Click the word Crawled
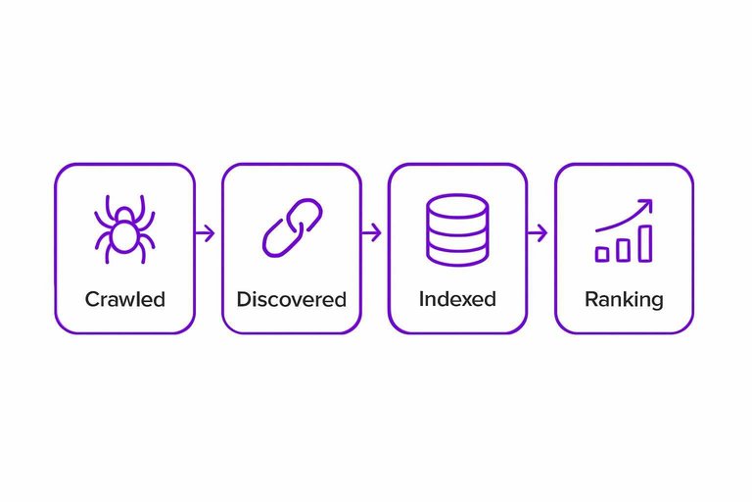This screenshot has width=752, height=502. (125, 299)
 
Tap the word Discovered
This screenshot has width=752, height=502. (292, 299)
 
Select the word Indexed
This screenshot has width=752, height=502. (457, 299)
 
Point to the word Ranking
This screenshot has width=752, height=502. (624, 300)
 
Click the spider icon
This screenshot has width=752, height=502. (124, 229)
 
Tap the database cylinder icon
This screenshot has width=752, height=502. (457, 229)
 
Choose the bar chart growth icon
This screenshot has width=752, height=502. (624, 230)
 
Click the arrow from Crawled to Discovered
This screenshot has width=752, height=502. (205, 233)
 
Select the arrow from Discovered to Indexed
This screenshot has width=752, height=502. (371, 233)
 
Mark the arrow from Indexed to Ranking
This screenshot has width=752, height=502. (538, 233)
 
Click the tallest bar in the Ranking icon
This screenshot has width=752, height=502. (645, 243)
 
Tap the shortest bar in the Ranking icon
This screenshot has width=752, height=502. (602, 254)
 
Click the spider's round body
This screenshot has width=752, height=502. (124, 237)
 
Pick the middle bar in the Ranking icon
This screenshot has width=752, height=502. (623, 250)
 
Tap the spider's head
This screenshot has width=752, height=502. (124, 215)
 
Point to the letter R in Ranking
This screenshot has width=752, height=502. (591, 299)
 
